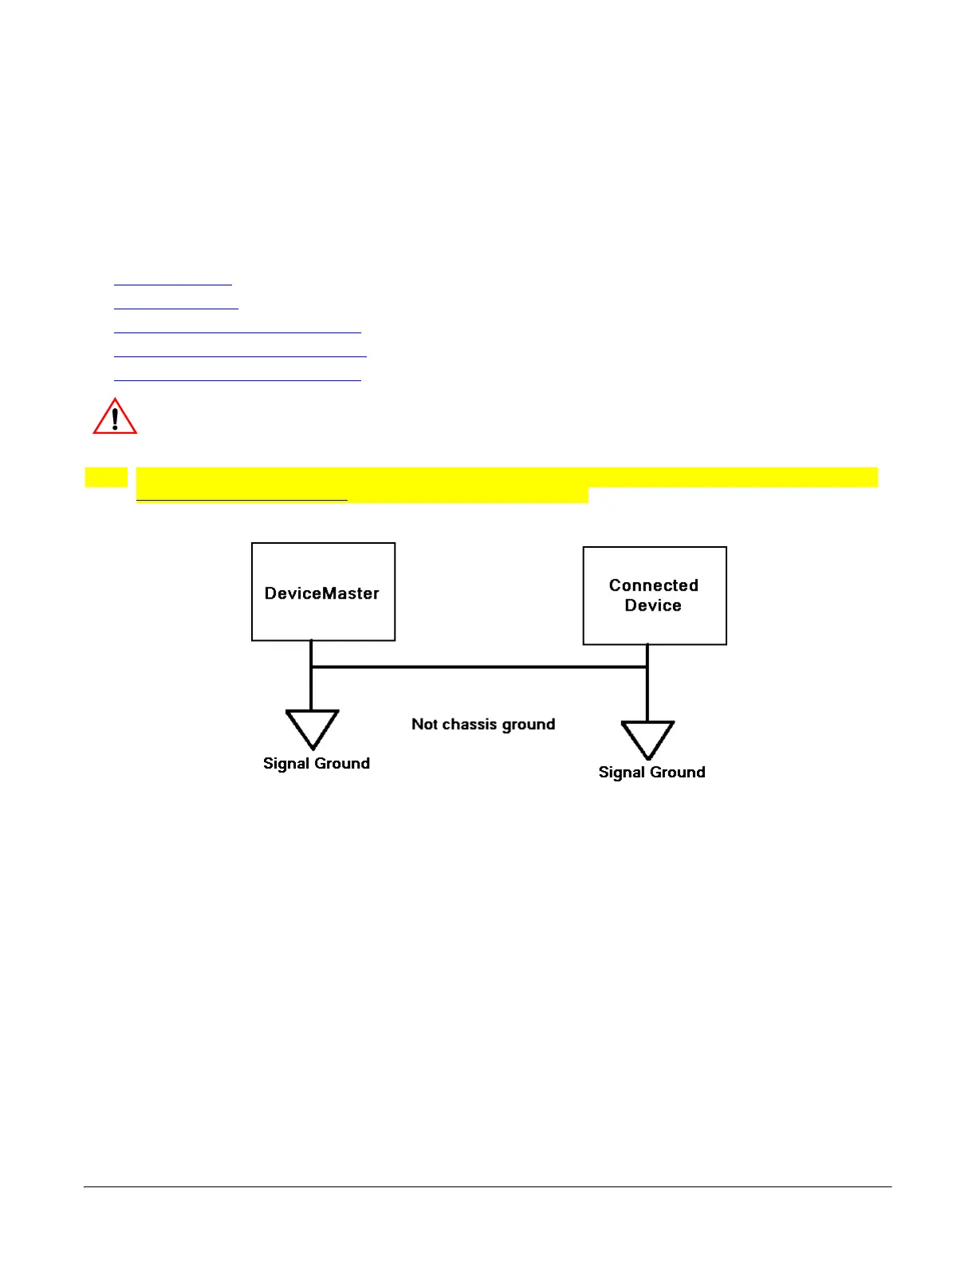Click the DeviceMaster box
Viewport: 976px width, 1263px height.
pyautogui.click(x=323, y=592)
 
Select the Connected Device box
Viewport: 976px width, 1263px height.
pyautogui.click(x=655, y=596)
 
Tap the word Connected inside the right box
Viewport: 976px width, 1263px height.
pyautogui.click(x=653, y=585)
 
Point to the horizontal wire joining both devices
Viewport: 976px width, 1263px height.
pyautogui.click(x=478, y=667)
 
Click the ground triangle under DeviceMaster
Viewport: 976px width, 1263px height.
pyautogui.click(x=313, y=728)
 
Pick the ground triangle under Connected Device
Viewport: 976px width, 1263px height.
pyautogui.click(x=647, y=738)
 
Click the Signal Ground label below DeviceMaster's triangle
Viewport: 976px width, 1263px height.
pyautogui.click(x=317, y=763)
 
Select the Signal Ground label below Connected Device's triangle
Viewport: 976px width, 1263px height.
pyautogui.click(x=651, y=772)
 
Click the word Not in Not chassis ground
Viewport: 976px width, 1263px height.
pyautogui.click(x=424, y=724)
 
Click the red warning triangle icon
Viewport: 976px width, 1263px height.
pyautogui.click(x=115, y=417)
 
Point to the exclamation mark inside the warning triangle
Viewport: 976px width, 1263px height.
pyautogui.click(x=115, y=419)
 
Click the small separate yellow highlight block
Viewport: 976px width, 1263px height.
pyautogui.click(x=106, y=477)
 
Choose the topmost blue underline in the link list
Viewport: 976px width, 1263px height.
pyautogui.click(x=172, y=284)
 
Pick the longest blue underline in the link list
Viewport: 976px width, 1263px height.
pyautogui.click(x=240, y=356)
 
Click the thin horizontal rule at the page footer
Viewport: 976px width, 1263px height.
pyautogui.click(x=487, y=1186)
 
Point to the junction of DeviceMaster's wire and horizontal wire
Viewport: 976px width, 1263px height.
pyautogui.click(x=311, y=667)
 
